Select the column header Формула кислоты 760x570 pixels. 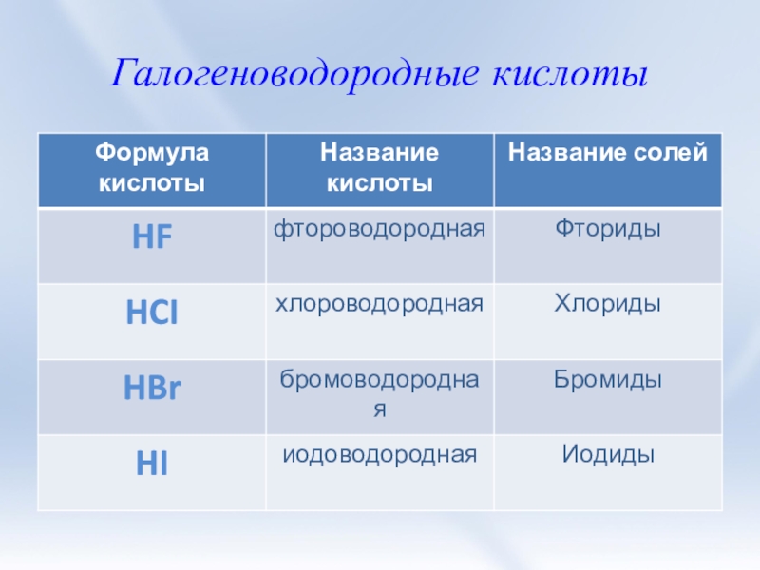pyautogui.click(x=152, y=166)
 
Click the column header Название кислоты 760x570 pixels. pyautogui.click(x=379, y=166)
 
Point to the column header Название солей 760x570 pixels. pyautogui.click(x=607, y=152)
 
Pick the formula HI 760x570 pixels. pyautogui.click(x=152, y=465)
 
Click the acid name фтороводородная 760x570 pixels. pyautogui.click(x=380, y=229)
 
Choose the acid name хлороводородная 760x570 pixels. pyautogui.click(x=380, y=304)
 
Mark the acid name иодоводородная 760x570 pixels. pyautogui.click(x=380, y=455)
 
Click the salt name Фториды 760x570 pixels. pyautogui.click(x=608, y=229)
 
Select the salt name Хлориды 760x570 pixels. pyautogui.click(x=608, y=304)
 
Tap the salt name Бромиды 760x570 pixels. pyautogui.click(x=608, y=380)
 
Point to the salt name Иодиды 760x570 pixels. pyautogui.click(x=608, y=455)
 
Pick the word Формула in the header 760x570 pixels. pyautogui.click(x=152, y=152)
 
